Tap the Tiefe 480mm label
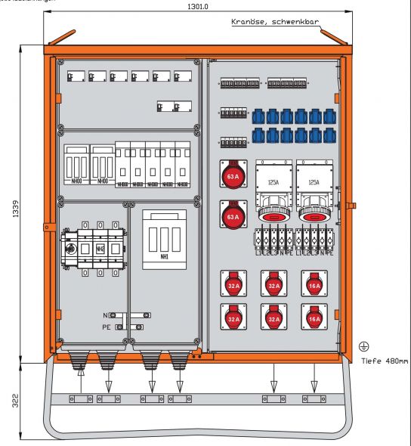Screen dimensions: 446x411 (x=385, y=361)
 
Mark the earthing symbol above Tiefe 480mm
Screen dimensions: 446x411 (x=364, y=346)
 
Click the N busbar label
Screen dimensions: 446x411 (x=107, y=315)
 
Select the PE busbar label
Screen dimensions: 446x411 (x=107, y=327)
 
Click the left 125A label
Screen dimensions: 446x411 (x=272, y=182)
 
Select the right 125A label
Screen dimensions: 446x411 (x=312, y=182)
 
